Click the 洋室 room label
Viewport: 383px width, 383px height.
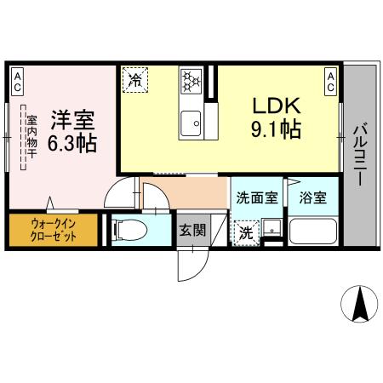[x=71, y=118]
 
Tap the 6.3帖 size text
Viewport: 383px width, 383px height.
[x=71, y=143]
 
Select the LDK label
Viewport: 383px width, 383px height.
[x=275, y=106]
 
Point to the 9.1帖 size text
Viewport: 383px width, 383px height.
[x=275, y=131]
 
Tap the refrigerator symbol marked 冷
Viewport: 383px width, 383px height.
[x=134, y=80]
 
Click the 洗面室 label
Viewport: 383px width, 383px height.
[x=256, y=197]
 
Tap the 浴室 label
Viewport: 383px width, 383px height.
[x=312, y=197]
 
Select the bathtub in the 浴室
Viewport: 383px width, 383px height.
[x=312, y=231]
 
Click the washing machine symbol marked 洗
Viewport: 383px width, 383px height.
[x=246, y=231]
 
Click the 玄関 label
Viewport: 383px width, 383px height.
[x=191, y=229]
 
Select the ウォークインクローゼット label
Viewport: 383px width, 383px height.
[x=53, y=230]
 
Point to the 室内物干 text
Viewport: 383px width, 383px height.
[x=31, y=140]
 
